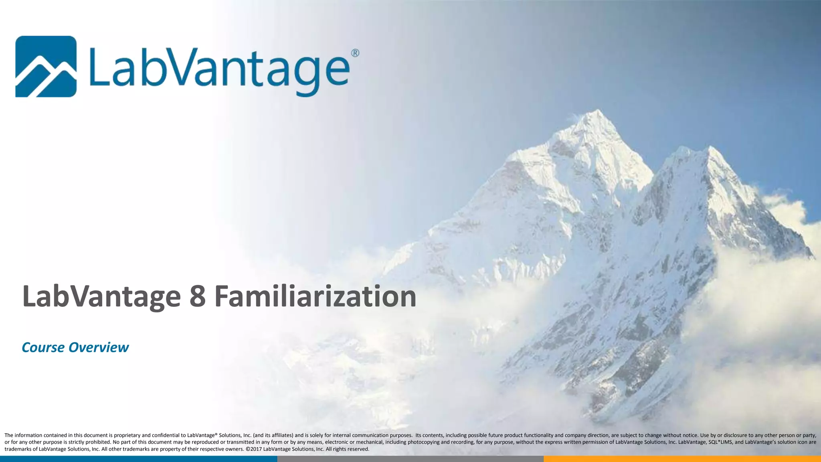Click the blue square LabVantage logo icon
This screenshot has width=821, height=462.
46,66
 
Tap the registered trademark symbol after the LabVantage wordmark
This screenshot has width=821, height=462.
355,53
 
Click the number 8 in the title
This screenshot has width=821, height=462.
197,297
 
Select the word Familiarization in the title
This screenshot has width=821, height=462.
315,297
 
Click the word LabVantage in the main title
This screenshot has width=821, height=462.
101,297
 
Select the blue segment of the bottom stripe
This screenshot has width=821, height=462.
138,459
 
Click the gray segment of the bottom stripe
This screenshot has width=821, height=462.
410,459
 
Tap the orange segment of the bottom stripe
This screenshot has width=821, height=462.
681,459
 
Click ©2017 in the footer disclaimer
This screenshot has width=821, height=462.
253,449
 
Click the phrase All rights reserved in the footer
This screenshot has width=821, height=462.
347,449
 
